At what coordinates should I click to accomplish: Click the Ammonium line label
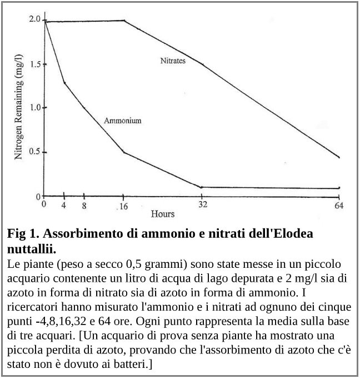pyautogui.click(x=122, y=120)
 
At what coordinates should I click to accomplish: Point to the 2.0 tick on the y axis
pyautogui.click(x=34, y=19)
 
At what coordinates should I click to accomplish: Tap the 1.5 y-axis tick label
pyautogui.click(x=34, y=64)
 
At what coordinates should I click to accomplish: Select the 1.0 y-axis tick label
pyautogui.click(x=34, y=108)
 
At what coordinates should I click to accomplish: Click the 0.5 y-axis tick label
pyautogui.click(x=34, y=152)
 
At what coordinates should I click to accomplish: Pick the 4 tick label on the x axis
pyautogui.click(x=64, y=205)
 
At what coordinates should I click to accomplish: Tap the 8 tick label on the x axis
pyautogui.click(x=84, y=205)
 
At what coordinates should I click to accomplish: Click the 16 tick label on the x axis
pyautogui.click(x=124, y=206)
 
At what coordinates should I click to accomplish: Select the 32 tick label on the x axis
pyautogui.click(x=203, y=205)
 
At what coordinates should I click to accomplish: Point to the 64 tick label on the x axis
pyautogui.click(x=339, y=205)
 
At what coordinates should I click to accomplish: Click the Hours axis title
pyautogui.click(x=163, y=214)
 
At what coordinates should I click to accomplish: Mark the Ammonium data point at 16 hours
pyautogui.click(x=123, y=152)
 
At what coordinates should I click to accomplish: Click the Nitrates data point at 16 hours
pyautogui.click(x=123, y=21)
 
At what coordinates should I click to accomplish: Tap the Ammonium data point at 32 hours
pyautogui.click(x=201, y=187)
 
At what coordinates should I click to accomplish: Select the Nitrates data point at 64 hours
pyautogui.click(x=338, y=157)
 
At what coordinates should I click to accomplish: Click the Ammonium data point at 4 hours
pyautogui.click(x=64, y=83)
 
